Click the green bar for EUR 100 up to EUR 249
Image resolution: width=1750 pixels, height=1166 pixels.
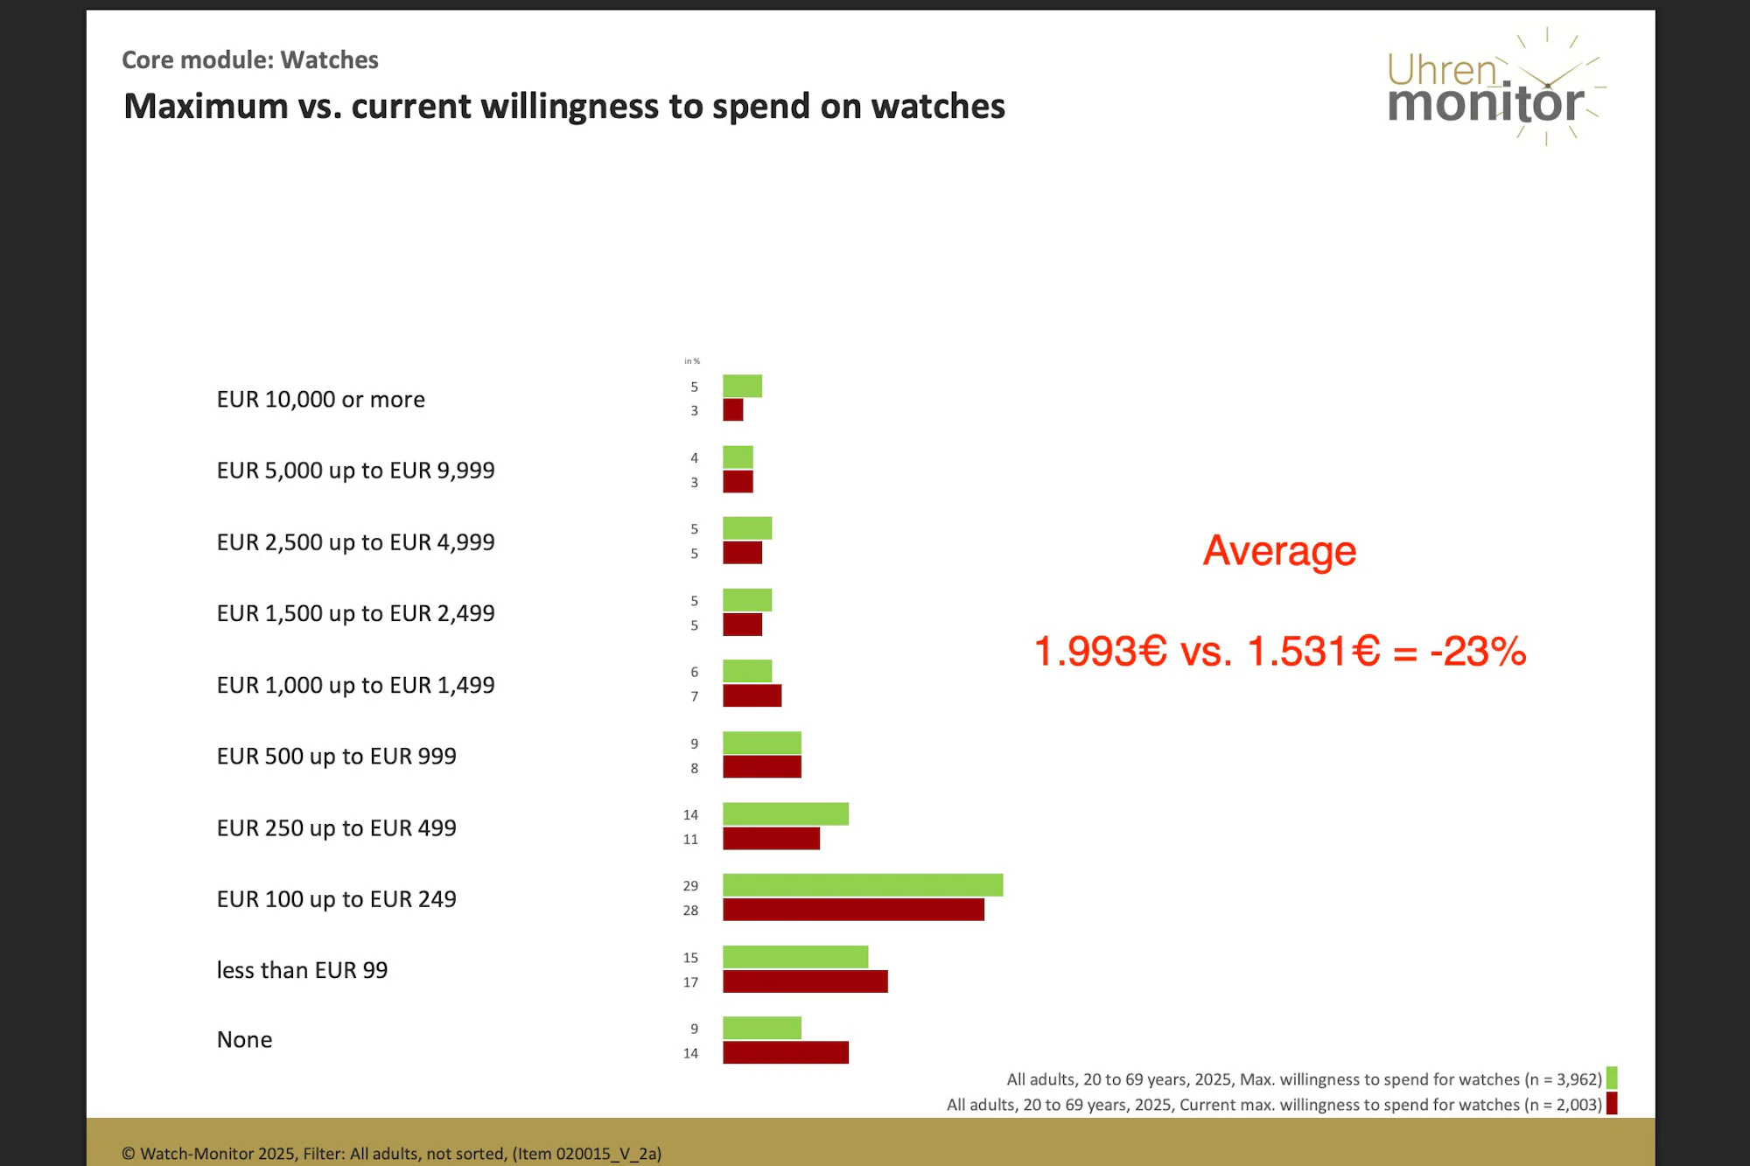(x=862, y=885)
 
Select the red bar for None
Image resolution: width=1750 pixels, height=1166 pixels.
(x=785, y=1052)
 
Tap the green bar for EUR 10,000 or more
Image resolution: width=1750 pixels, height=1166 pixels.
(x=742, y=386)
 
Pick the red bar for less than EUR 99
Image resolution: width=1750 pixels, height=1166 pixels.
(x=805, y=981)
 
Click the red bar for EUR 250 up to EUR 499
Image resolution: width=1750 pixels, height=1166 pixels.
(x=771, y=839)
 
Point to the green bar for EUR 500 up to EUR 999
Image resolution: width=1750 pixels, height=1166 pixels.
(x=761, y=743)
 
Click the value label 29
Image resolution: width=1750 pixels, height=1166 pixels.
(x=690, y=886)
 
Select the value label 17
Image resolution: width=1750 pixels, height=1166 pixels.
(x=690, y=982)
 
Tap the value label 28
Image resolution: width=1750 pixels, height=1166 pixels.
(x=690, y=911)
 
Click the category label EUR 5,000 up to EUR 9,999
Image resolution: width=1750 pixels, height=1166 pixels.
(x=355, y=471)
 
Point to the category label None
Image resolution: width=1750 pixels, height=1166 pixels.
(x=244, y=1040)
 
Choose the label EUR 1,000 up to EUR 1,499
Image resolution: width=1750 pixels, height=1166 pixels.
(x=355, y=685)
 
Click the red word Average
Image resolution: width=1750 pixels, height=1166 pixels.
(x=1279, y=551)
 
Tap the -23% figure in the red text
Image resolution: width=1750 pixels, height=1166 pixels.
(x=1478, y=652)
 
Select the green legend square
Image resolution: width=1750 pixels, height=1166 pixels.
(x=1612, y=1078)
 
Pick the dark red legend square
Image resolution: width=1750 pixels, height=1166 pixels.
(x=1612, y=1104)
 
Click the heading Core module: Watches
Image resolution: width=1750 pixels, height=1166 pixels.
(x=249, y=59)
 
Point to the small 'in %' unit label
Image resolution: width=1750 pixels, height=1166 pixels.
(x=691, y=361)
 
